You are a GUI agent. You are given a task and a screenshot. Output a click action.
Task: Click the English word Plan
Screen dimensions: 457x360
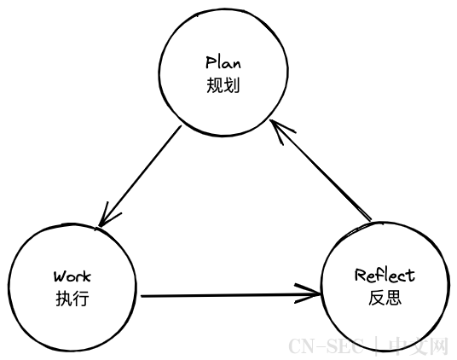(223, 62)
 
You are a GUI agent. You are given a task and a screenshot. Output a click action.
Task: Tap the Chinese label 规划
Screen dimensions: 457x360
(223, 85)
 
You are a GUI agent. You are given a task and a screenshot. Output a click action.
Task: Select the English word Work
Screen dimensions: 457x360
(72, 276)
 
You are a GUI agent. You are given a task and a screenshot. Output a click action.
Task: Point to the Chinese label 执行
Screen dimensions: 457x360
(72, 299)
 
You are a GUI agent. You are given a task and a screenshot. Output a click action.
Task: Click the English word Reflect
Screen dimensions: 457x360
(385, 276)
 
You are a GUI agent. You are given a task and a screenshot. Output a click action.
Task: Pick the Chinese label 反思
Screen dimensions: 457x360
(385, 298)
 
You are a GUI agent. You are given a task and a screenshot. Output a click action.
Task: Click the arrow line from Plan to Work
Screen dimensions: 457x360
(140, 176)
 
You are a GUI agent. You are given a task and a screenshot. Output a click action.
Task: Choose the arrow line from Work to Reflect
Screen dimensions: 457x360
(231, 295)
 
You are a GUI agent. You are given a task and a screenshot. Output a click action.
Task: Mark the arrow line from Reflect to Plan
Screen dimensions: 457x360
(321, 171)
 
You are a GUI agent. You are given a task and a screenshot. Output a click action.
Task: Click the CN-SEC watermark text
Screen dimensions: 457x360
(326, 345)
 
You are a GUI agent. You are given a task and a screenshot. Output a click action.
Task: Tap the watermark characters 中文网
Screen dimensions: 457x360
(418, 345)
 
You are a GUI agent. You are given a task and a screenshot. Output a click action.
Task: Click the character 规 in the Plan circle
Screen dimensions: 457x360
(215, 85)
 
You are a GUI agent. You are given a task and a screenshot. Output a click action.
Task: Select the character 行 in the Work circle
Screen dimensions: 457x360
(81, 299)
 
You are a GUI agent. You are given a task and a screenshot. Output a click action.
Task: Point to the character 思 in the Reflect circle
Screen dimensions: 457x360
(394, 298)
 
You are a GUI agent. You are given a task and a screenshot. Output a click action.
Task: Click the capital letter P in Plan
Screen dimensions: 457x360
(211, 61)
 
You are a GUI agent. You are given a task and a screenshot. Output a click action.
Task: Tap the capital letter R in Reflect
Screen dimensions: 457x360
(361, 275)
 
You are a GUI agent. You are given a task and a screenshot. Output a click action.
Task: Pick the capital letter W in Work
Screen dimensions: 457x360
(59, 276)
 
